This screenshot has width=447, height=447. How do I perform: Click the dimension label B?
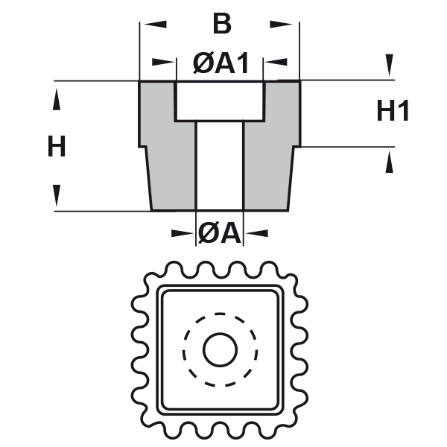[x=221, y=25]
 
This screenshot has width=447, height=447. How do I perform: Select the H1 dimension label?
[x=393, y=112]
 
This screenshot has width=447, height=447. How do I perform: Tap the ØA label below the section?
[x=220, y=234]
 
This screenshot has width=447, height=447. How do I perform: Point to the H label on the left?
[x=57, y=147]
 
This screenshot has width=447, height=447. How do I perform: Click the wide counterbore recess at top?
[x=220, y=101]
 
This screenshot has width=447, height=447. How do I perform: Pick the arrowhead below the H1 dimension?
[x=389, y=163]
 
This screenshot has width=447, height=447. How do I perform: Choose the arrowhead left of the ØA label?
[x=182, y=234]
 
